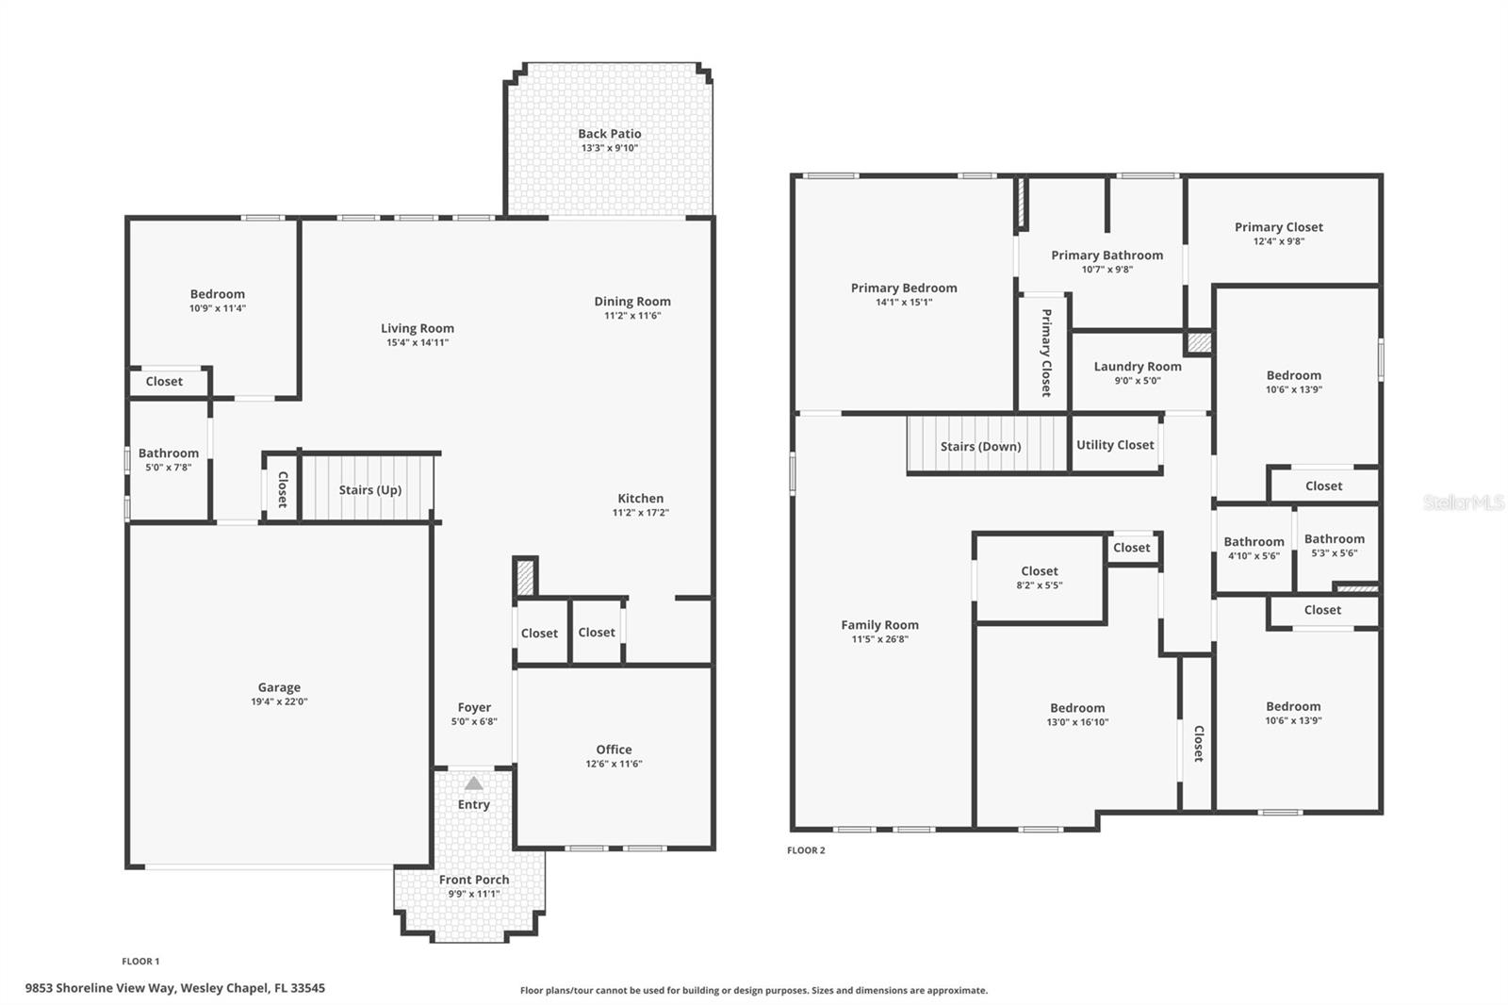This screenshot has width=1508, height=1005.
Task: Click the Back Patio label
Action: click(609, 134)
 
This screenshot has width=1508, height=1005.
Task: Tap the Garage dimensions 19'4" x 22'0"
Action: click(279, 701)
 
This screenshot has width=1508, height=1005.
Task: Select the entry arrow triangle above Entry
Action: click(473, 783)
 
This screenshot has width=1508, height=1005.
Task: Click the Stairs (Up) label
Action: click(369, 490)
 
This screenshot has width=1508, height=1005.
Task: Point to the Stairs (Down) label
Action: click(980, 447)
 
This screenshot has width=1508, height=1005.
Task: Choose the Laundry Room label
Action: click(1137, 367)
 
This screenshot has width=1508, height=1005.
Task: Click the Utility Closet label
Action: click(1115, 445)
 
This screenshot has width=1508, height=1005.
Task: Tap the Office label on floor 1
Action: click(614, 750)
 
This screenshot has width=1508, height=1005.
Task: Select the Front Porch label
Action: click(473, 880)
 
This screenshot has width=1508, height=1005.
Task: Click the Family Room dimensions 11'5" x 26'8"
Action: click(879, 639)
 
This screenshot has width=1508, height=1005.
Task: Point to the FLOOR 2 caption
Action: click(806, 850)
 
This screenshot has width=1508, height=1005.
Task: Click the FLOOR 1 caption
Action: click(140, 962)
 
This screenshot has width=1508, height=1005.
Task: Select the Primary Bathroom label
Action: click(1106, 255)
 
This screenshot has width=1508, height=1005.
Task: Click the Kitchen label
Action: click(640, 499)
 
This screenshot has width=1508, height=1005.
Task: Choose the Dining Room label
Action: click(632, 302)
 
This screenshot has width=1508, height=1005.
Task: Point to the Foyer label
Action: click(474, 707)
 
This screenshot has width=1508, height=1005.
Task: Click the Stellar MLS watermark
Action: click(1463, 502)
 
